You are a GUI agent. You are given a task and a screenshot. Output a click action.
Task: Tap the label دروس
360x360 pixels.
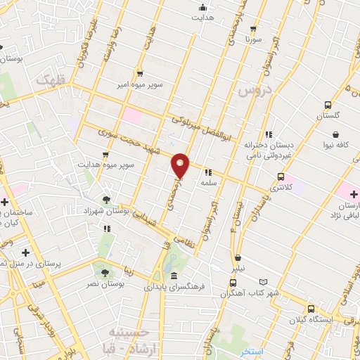click(253, 91)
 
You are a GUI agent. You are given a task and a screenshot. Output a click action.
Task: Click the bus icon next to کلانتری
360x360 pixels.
click(281, 177)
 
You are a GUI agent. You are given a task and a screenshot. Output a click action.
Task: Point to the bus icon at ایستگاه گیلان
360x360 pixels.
click(311, 307)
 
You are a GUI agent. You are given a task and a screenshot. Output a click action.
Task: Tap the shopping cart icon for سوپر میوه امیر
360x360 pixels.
click(139, 72)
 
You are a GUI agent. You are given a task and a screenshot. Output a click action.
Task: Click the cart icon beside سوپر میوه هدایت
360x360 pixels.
click(105, 154)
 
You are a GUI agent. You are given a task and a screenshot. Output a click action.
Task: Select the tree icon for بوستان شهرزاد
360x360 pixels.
click(106, 200)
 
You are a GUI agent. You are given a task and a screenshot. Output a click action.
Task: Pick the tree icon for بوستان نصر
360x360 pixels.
click(105, 271)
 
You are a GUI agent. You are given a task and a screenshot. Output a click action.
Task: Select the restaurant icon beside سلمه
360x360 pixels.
click(207, 172)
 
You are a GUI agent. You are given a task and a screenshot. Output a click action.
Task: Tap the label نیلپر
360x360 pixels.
click(240, 269)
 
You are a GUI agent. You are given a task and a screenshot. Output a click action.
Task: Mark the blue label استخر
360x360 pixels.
click(251, 350)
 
